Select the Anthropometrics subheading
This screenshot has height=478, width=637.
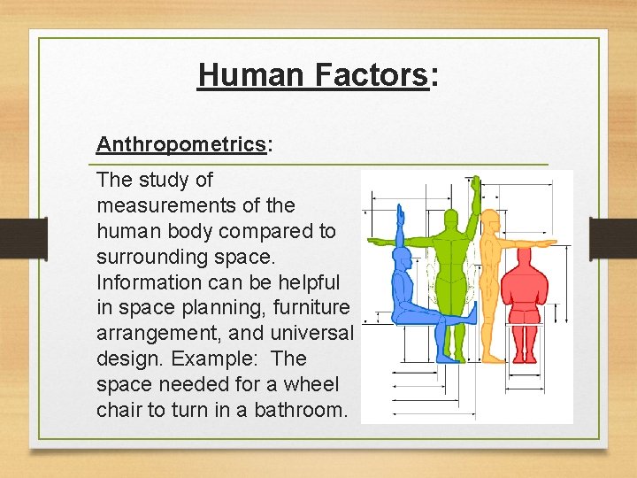tap(181, 144)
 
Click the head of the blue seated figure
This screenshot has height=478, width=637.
tap(402, 259)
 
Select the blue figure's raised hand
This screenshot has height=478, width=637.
tap(400, 212)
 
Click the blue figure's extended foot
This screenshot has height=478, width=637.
tap(474, 312)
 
